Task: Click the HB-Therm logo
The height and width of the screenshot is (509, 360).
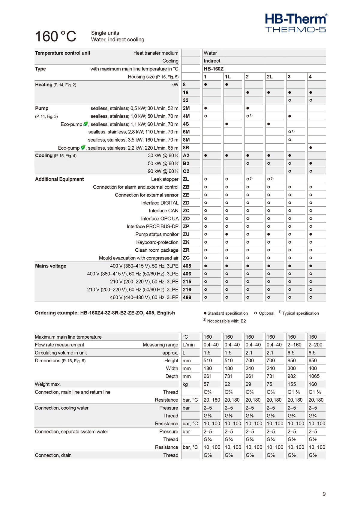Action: pyautogui.click(x=296, y=22)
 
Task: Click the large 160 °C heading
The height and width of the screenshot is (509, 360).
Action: pyautogui.click(x=56, y=37)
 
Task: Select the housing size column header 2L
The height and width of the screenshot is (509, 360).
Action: pyautogui.click(x=270, y=77)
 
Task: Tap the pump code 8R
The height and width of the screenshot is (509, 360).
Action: pyautogui.click(x=186, y=148)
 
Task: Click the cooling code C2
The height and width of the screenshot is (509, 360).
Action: pyautogui.click(x=186, y=171)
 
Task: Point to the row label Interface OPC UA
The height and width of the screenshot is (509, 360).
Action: pyautogui.click(x=160, y=219)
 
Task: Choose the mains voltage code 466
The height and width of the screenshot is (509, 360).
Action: pyautogui.click(x=187, y=298)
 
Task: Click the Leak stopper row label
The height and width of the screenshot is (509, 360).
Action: pyautogui.click(x=165, y=179)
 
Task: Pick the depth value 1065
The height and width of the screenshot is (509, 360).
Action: pyautogui.click(x=314, y=376)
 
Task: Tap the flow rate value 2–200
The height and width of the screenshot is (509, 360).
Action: pyautogui.click(x=315, y=345)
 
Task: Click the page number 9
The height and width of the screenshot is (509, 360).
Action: pyautogui.click(x=324, y=494)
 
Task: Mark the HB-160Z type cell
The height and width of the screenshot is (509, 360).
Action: pyautogui.click(x=214, y=69)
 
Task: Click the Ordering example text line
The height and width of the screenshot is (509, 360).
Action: pyautogui.click(x=105, y=313)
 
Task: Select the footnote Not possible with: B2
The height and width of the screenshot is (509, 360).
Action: pyautogui.click(x=225, y=321)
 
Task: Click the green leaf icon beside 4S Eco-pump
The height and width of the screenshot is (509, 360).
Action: pyautogui.click(x=85, y=124)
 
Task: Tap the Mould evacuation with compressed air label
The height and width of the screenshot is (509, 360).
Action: pyautogui.click(x=139, y=258)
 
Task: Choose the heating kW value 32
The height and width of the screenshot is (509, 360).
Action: pyautogui.click(x=186, y=100)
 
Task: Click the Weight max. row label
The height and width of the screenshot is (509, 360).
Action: pyautogui.click(x=48, y=384)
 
